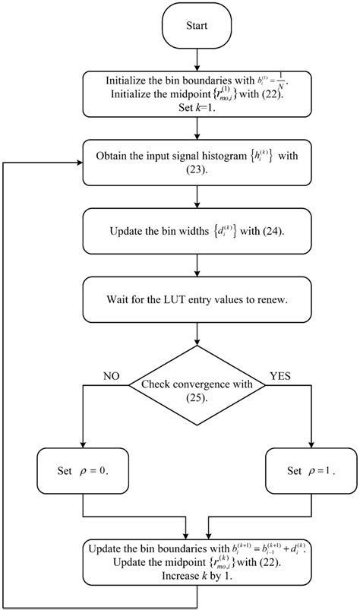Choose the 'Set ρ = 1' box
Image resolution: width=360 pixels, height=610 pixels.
click(x=312, y=470)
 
